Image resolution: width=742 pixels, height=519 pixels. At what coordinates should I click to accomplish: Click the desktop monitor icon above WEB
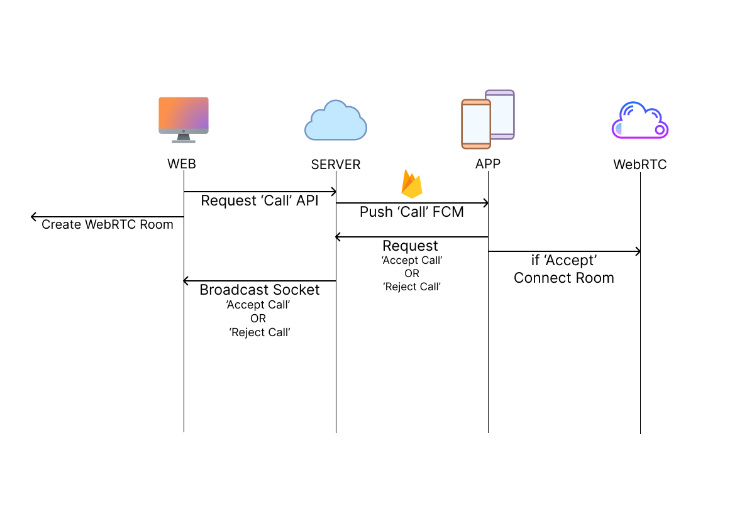[x=184, y=119]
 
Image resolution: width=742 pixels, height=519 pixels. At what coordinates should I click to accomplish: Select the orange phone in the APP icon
[x=476, y=124]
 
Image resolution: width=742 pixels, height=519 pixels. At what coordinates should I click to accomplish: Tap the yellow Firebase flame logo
[x=412, y=184]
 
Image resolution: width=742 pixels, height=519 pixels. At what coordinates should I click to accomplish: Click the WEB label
[x=182, y=164]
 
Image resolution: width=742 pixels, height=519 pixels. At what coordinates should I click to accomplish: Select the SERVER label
[x=336, y=165]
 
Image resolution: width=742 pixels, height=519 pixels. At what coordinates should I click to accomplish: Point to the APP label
[x=488, y=163]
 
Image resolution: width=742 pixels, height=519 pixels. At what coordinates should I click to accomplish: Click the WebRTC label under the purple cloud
[x=640, y=165]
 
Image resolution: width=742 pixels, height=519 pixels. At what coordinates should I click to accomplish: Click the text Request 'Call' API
[x=259, y=200]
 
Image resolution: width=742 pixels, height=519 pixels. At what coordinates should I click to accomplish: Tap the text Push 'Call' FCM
[x=412, y=212]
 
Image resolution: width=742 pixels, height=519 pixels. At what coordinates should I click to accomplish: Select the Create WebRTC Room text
[x=108, y=224]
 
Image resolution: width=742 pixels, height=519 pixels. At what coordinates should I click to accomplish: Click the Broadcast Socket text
[x=259, y=290]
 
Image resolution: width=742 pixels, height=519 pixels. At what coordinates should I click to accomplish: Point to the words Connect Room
[x=563, y=278]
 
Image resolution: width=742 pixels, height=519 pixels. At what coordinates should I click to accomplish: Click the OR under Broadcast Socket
[x=258, y=319]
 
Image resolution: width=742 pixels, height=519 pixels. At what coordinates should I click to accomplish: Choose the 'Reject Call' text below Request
[x=412, y=287]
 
